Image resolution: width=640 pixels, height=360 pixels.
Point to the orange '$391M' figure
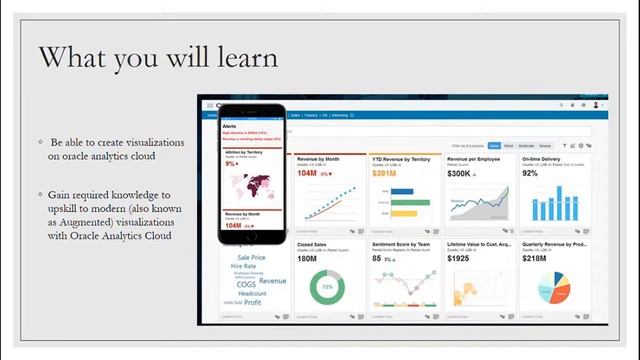(x=385, y=173)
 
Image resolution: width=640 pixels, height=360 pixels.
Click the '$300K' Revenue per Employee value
(x=460, y=173)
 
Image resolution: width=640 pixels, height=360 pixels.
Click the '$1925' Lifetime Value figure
(x=458, y=259)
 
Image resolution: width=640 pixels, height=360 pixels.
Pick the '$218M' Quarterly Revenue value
(x=534, y=259)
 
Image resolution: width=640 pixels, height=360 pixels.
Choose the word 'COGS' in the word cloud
(x=246, y=284)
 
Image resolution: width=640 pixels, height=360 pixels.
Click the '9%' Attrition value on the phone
(x=230, y=162)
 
